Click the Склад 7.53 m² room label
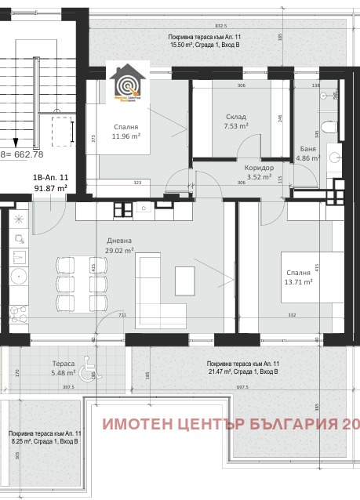coord(236,121)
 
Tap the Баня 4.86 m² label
coord(309,153)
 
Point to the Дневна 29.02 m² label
coord(120,245)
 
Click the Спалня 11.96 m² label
coord(125,131)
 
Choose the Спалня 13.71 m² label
coord(299,277)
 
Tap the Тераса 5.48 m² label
coord(64,368)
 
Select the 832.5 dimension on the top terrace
coord(221,24)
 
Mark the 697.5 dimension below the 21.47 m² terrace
coord(238,386)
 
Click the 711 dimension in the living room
coord(122,316)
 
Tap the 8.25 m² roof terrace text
coord(44,437)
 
